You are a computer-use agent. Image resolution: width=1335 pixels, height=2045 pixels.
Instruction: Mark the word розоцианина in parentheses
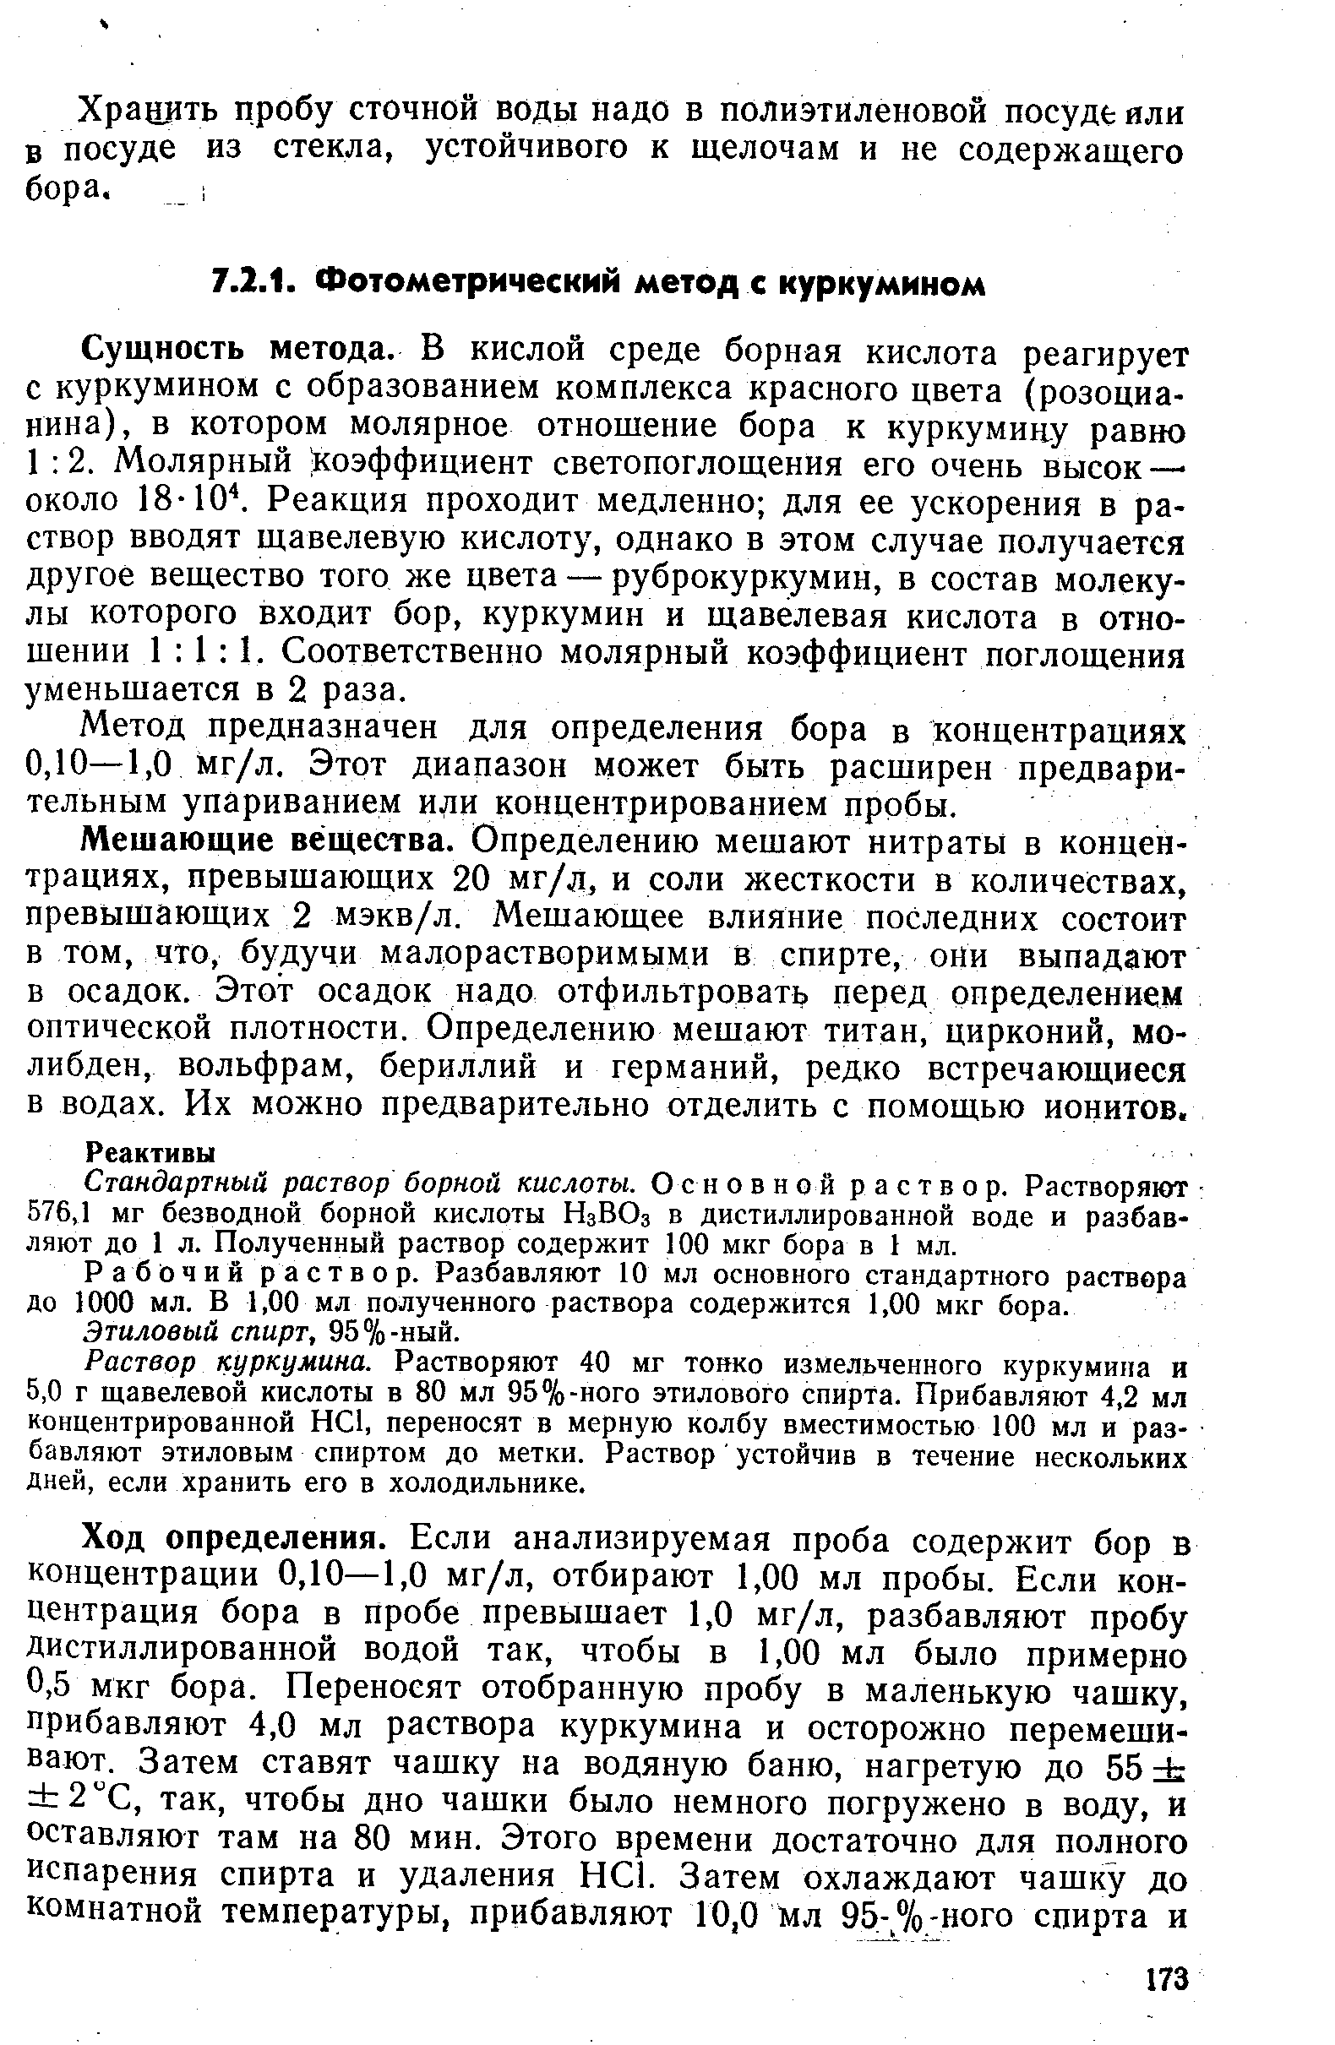[1100, 390]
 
